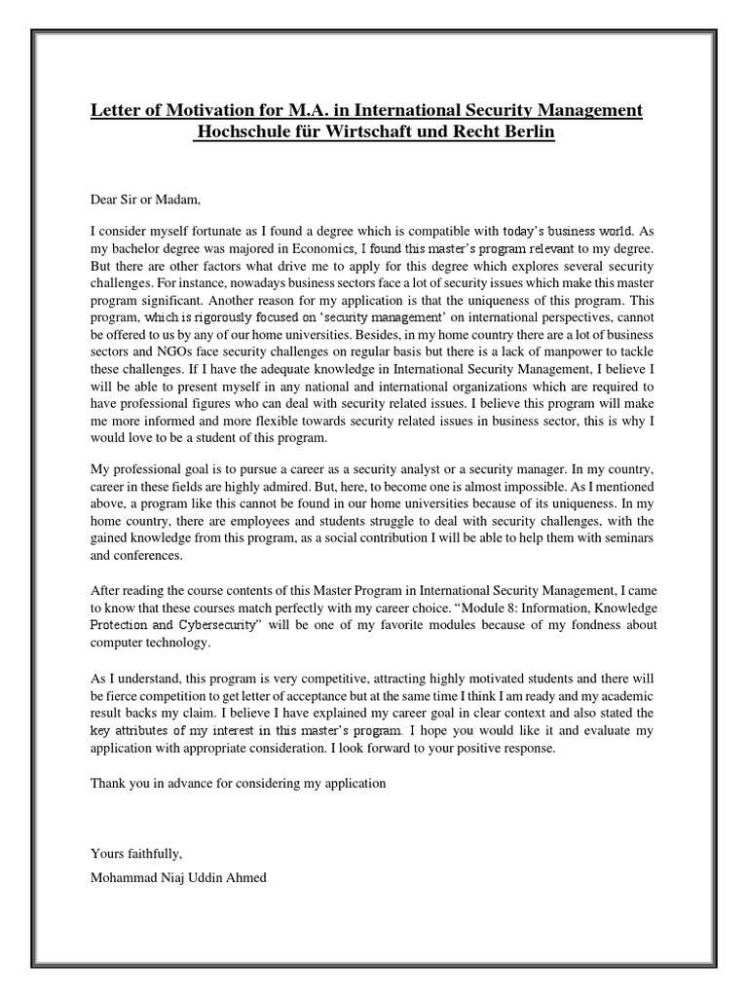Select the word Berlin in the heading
(523, 132)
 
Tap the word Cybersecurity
(218, 626)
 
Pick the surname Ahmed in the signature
(243, 877)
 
